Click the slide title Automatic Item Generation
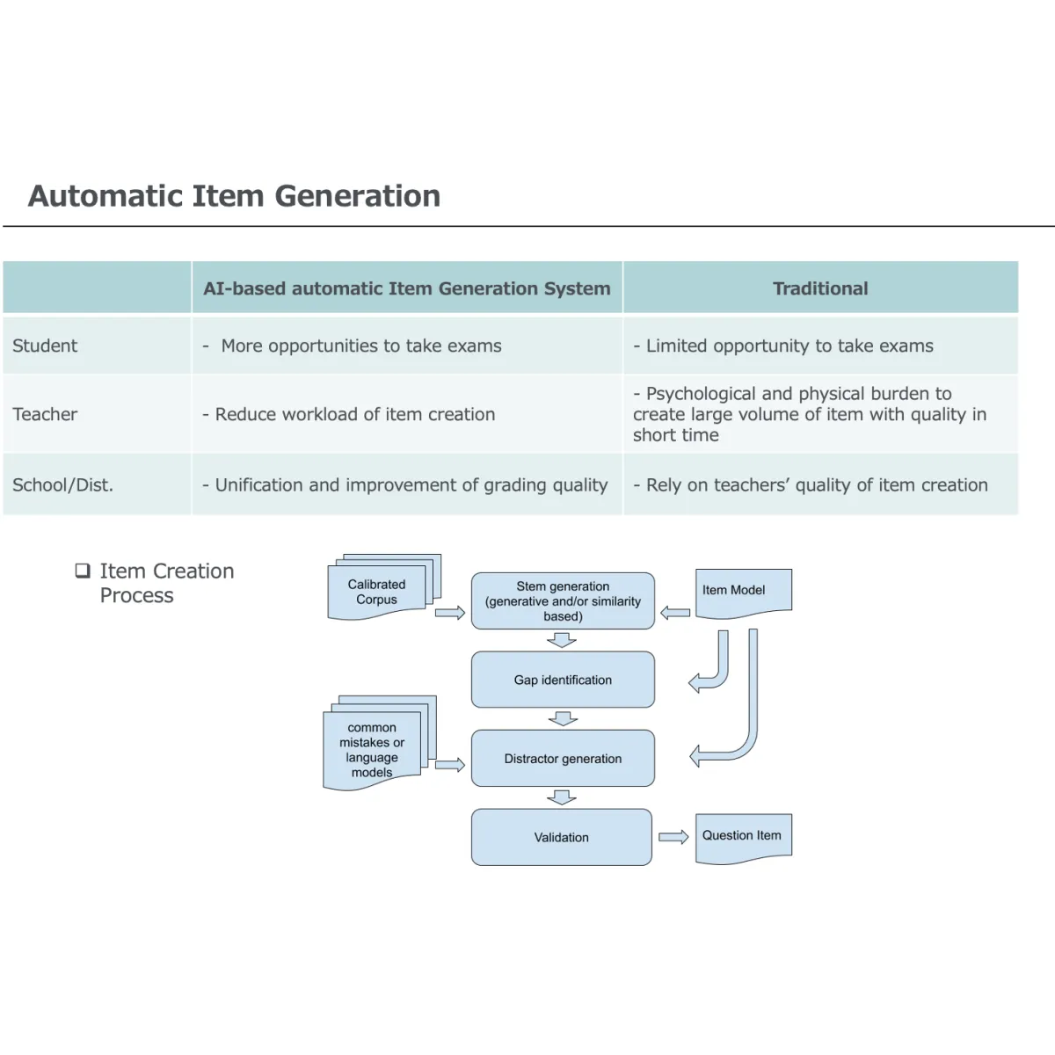[234, 195]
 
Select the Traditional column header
[819, 288]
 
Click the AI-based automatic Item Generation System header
[406, 288]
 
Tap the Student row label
[45, 346]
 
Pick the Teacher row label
[45, 414]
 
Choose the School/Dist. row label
[62, 484]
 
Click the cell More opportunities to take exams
[360, 346]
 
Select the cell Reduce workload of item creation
[354, 414]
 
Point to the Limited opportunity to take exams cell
[789, 346]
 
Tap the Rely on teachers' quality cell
[816, 484]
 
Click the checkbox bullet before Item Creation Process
[83, 571]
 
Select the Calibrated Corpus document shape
[376, 592]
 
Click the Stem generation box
[563, 601]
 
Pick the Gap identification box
[563, 680]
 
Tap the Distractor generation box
[563, 758]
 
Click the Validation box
[562, 837]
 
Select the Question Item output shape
[743, 836]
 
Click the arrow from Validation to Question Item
[673, 837]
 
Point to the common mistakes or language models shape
[372, 750]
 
